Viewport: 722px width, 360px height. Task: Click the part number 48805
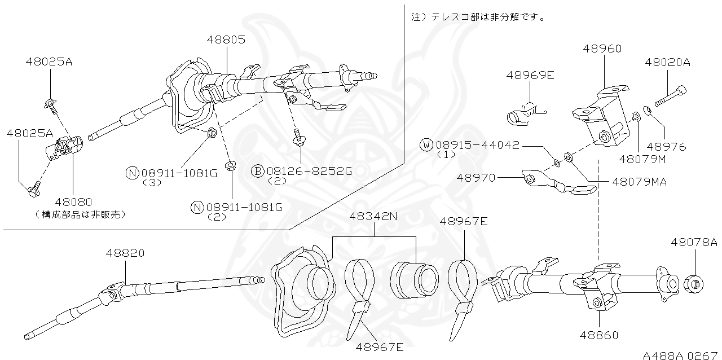[226, 39]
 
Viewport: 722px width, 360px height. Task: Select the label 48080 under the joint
[73, 201]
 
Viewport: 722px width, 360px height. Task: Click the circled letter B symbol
[257, 170]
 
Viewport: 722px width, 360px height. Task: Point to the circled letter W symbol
[426, 145]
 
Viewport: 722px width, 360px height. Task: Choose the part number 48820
[125, 253]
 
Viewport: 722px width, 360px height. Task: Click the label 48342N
[373, 216]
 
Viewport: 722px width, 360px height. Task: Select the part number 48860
[599, 335]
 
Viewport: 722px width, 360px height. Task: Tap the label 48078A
[694, 242]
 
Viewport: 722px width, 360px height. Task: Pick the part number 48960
[602, 49]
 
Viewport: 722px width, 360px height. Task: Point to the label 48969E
[530, 74]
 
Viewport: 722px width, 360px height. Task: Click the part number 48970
[476, 177]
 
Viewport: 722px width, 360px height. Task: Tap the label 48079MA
[640, 182]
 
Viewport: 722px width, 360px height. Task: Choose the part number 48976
[667, 147]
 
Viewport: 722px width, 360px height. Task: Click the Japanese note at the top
[478, 17]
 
